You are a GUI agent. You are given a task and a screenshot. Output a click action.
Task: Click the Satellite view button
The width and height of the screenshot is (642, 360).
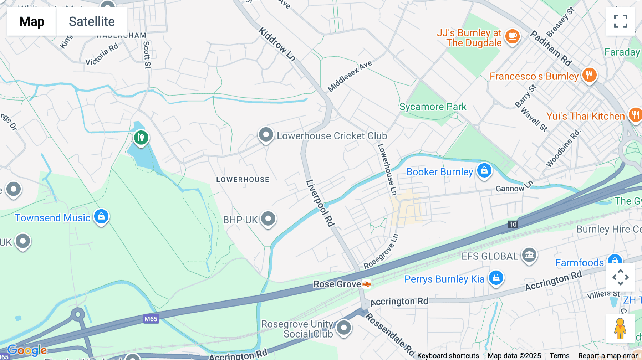pyautogui.click(x=92, y=21)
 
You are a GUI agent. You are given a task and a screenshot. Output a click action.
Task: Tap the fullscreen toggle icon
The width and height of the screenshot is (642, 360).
pyautogui.click(x=620, y=21)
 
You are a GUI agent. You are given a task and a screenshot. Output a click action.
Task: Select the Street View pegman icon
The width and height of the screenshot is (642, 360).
pyautogui.click(x=620, y=328)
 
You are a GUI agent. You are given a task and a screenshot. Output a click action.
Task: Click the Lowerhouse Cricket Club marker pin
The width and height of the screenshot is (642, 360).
pyautogui.click(x=266, y=135)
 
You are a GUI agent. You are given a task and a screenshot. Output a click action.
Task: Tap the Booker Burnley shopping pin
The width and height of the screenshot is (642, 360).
pyautogui.click(x=484, y=171)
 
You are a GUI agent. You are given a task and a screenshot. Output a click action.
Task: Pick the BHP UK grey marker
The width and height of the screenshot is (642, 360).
pyautogui.click(x=268, y=218)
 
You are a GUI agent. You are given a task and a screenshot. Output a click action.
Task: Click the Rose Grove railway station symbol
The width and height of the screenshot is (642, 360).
pyautogui.click(x=367, y=284)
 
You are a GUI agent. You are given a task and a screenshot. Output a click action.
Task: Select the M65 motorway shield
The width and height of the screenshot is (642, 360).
pyautogui.click(x=151, y=319)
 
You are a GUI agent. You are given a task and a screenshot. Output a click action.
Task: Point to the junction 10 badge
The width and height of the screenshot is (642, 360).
pyautogui.click(x=513, y=225)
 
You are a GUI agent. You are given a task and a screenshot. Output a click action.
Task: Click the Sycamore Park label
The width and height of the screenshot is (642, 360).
pyautogui.click(x=433, y=107)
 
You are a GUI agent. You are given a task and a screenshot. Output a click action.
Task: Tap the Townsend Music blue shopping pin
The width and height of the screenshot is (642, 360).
pyautogui.click(x=101, y=216)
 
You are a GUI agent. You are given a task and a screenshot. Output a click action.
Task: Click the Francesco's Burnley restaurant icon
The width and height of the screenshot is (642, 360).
pyautogui.click(x=589, y=75)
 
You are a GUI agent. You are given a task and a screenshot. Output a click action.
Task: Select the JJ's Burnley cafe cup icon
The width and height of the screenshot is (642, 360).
pyautogui.click(x=513, y=36)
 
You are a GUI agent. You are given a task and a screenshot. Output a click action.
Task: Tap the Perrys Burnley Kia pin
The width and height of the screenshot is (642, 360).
pyautogui.click(x=496, y=278)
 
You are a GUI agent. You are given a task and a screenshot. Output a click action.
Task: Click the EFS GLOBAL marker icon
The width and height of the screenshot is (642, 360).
pyautogui.click(x=529, y=255)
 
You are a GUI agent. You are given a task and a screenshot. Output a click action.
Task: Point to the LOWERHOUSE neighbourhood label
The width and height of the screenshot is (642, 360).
pyautogui.click(x=243, y=180)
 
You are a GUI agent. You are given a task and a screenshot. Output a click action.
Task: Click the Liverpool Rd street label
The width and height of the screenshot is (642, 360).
pyautogui.click(x=320, y=203)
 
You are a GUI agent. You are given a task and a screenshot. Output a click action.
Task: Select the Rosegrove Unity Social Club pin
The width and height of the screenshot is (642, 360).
pyautogui.click(x=344, y=328)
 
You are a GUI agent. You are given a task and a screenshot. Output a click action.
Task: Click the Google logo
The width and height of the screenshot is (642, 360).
pyautogui.click(x=27, y=350)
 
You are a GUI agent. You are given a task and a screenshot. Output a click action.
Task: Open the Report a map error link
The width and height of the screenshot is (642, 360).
pyautogui.click(x=607, y=356)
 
